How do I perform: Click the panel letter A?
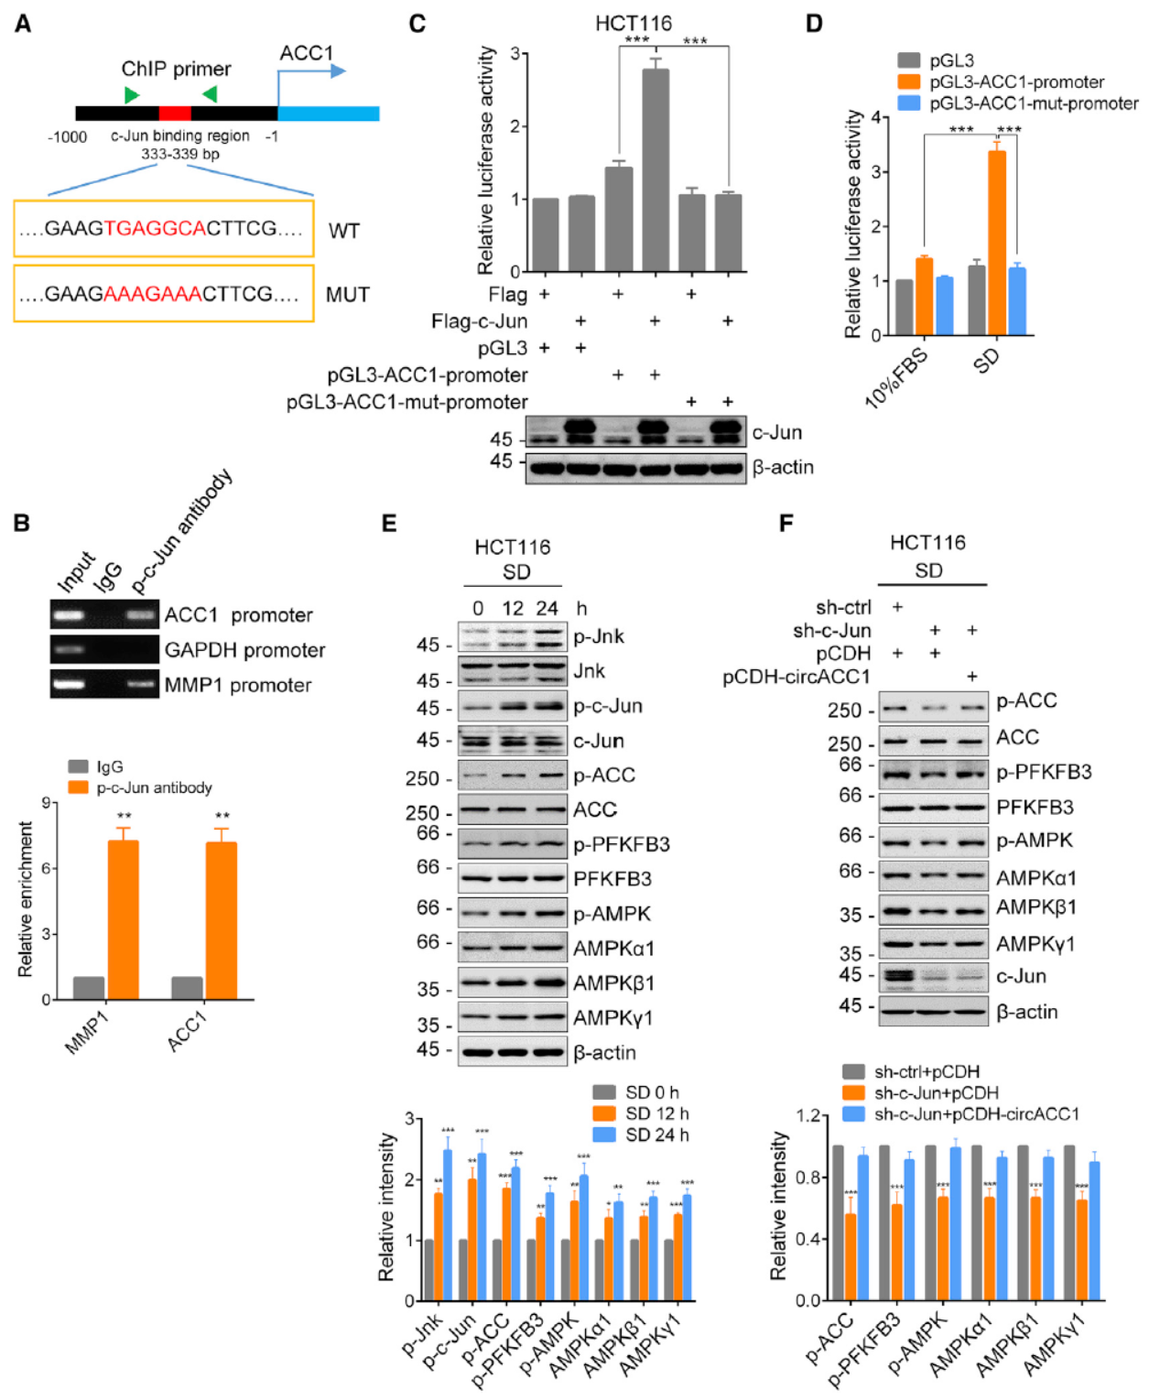pyautogui.click(x=22, y=24)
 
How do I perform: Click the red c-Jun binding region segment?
pyautogui.click(x=175, y=114)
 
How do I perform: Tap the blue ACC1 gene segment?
pyautogui.click(x=328, y=114)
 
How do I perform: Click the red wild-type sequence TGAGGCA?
pyautogui.click(x=155, y=229)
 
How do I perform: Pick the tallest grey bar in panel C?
pyautogui.click(x=655, y=170)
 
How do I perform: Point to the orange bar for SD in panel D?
pyautogui.click(x=996, y=243)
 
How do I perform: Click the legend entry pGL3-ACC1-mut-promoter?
pyautogui.click(x=1033, y=103)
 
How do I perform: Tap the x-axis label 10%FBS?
pyautogui.click(x=897, y=376)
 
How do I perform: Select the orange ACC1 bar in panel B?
pyautogui.click(x=221, y=919)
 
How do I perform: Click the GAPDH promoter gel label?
pyautogui.click(x=244, y=650)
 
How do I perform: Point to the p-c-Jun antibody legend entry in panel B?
pyautogui.click(x=154, y=787)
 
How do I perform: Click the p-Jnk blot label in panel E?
pyautogui.click(x=599, y=636)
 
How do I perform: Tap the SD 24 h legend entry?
pyautogui.click(x=656, y=1134)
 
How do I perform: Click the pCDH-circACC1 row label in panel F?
pyautogui.click(x=797, y=677)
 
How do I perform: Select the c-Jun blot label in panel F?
pyautogui.click(x=1021, y=976)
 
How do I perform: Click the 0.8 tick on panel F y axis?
pyautogui.click(x=808, y=1178)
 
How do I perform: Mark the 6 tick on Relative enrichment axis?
pyautogui.click(x=45, y=868)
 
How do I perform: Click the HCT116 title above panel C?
pyautogui.click(x=633, y=23)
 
